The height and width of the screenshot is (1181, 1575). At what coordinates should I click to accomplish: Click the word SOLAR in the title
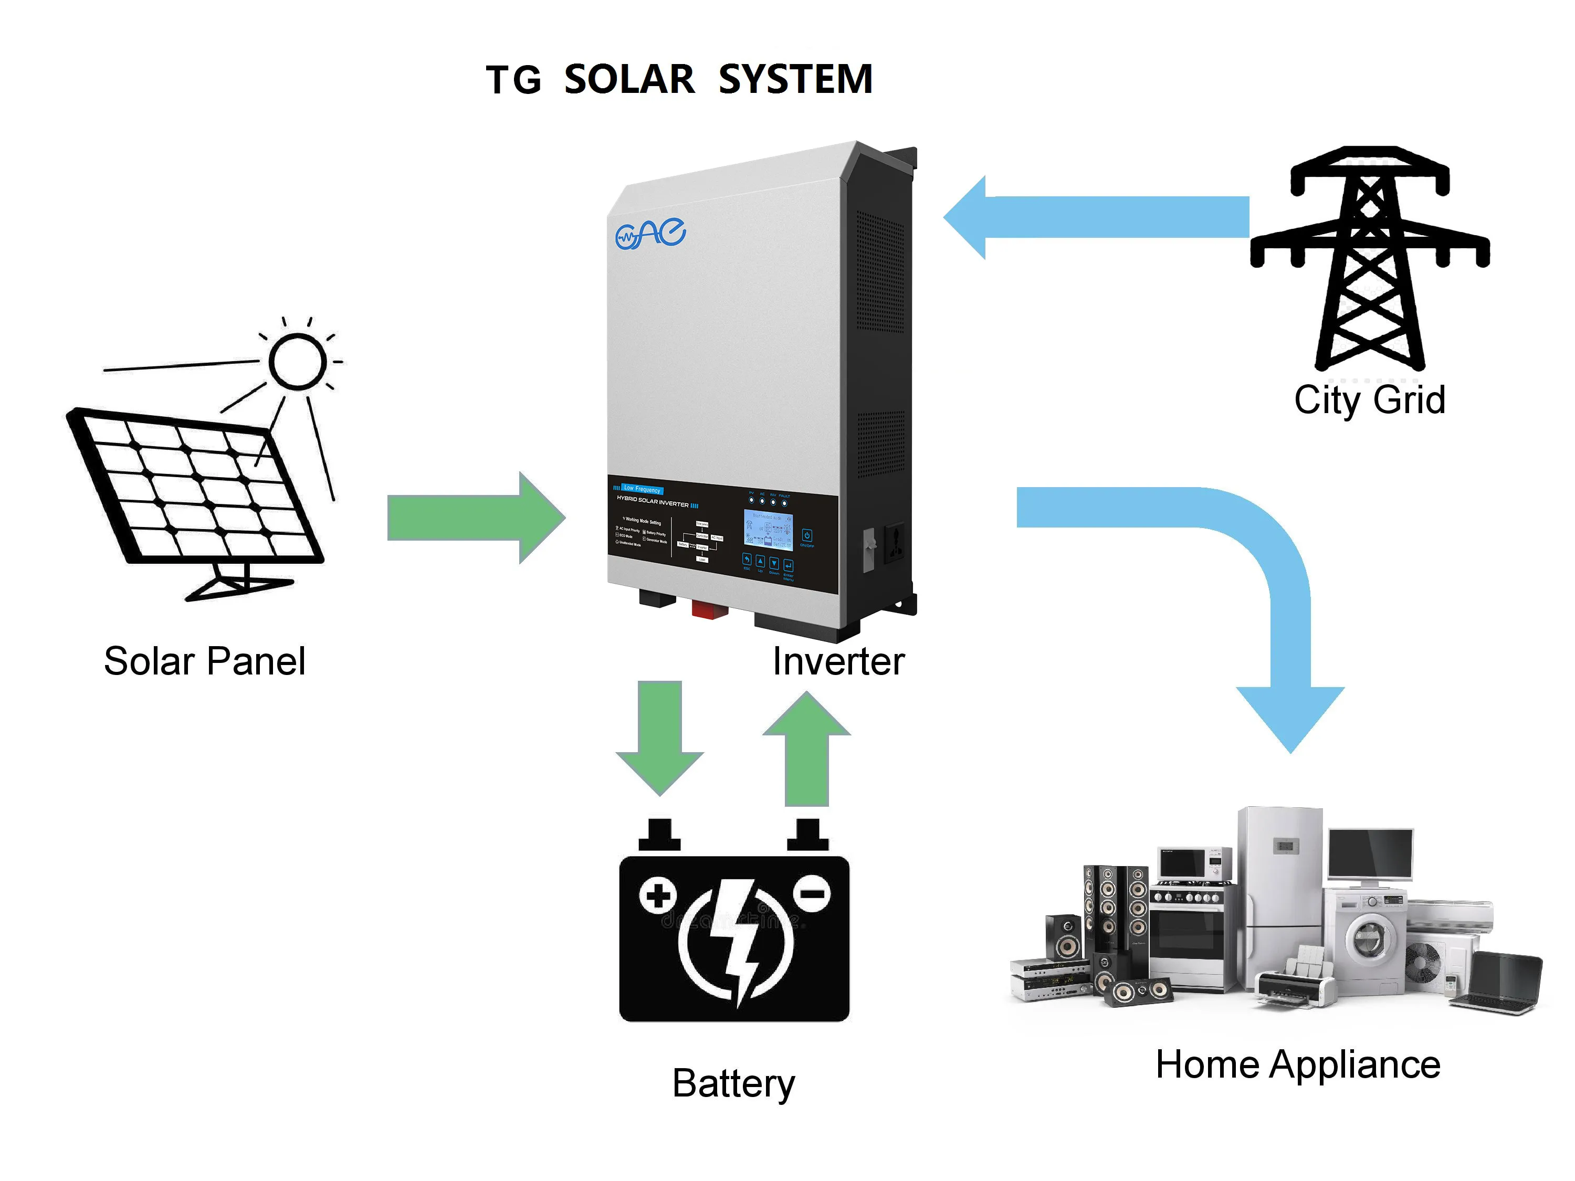[x=629, y=79]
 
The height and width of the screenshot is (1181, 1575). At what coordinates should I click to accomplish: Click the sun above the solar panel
[x=298, y=361]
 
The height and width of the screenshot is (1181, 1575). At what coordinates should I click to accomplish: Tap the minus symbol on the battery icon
[x=812, y=894]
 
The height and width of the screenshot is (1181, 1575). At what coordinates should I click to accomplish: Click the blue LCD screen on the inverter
[x=768, y=530]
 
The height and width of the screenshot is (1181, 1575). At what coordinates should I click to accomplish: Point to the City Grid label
[x=1369, y=400]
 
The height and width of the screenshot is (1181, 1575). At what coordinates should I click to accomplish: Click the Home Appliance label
[x=1297, y=1065]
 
